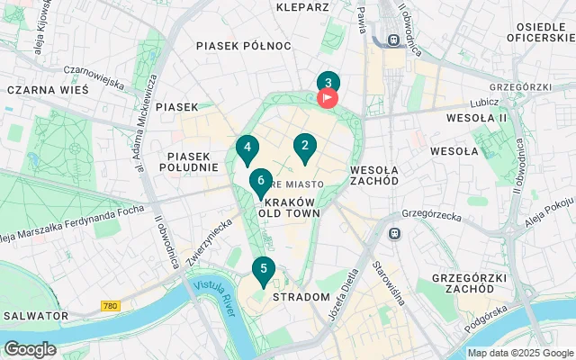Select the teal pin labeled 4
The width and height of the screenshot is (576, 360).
pyautogui.click(x=247, y=148)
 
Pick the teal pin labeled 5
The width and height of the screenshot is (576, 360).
pyautogui.click(x=263, y=269)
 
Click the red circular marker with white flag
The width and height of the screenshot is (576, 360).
pyautogui.click(x=328, y=96)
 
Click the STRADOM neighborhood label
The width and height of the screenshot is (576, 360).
pyautogui.click(x=301, y=296)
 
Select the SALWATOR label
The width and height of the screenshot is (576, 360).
pyautogui.click(x=35, y=316)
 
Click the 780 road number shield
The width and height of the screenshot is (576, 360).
pyautogui.click(x=111, y=306)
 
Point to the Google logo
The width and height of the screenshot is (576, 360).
pyautogui.click(x=30, y=349)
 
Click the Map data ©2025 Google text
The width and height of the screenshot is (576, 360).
pyautogui.click(x=519, y=353)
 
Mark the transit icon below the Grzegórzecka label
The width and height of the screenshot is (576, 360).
pyautogui.click(x=393, y=233)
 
